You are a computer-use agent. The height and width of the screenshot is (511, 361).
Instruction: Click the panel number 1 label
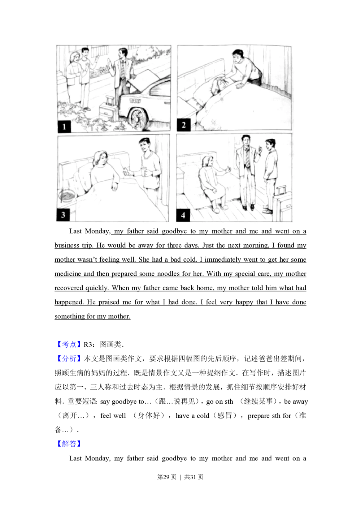[x=64, y=126]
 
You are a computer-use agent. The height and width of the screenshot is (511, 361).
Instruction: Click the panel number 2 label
[x=183, y=125]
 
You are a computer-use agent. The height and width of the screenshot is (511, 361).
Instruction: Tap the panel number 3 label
[x=64, y=215]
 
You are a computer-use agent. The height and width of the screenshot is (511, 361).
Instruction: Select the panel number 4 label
[x=183, y=215]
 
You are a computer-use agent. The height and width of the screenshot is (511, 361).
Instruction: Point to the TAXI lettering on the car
[x=135, y=102]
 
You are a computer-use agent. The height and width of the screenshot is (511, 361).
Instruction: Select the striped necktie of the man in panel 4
[x=247, y=157]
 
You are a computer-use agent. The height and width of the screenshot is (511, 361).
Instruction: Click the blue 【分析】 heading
[x=69, y=359]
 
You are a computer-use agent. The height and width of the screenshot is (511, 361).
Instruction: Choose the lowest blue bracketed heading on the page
[x=69, y=443]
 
